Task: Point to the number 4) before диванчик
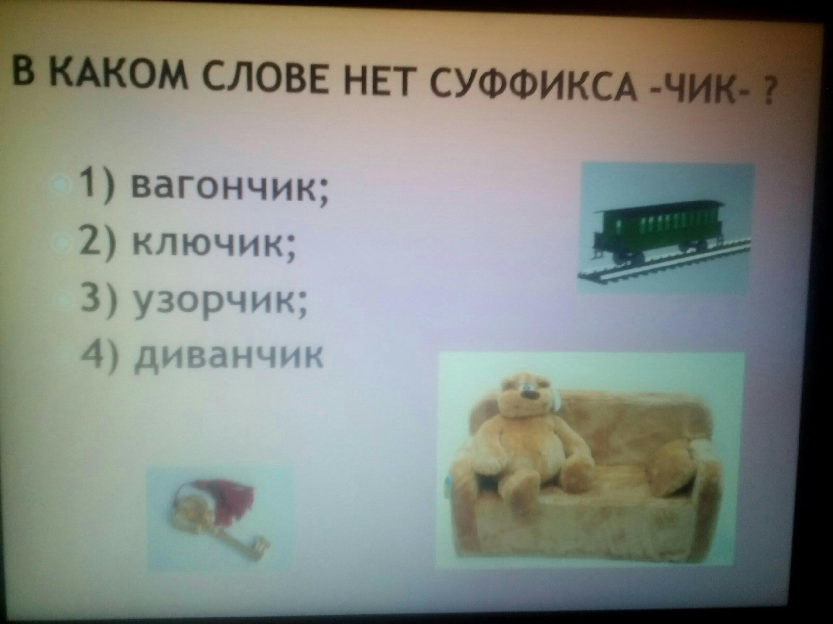click(x=99, y=353)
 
